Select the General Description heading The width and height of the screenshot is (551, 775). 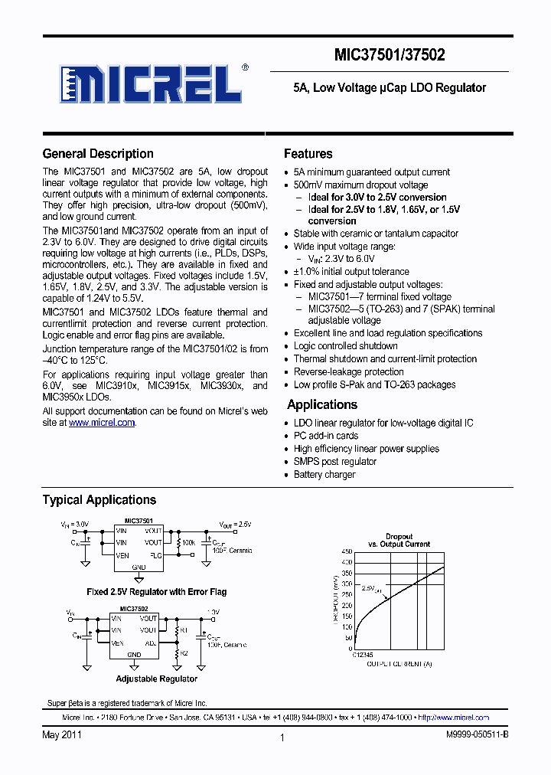tap(98, 154)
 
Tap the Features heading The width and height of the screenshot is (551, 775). tap(308, 154)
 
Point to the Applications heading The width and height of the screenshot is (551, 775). tap(322, 405)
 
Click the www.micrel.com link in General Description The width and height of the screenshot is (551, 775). tap(102, 423)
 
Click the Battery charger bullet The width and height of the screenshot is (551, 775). tap(324, 475)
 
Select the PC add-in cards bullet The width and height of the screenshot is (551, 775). tap(326, 436)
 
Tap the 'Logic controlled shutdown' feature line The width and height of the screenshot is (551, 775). tap(345, 346)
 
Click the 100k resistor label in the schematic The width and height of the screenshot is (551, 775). tap(188, 542)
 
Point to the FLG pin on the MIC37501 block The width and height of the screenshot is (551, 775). tap(155, 554)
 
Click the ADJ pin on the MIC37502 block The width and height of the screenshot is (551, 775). tap(150, 643)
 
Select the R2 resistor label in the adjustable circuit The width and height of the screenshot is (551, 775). tap(184, 654)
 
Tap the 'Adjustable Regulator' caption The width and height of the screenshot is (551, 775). tap(156, 679)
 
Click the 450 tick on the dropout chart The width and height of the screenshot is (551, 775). tap(347, 552)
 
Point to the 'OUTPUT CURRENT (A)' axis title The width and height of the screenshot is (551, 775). tap(399, 664)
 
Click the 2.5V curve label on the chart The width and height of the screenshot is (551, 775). tap(369, 589)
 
